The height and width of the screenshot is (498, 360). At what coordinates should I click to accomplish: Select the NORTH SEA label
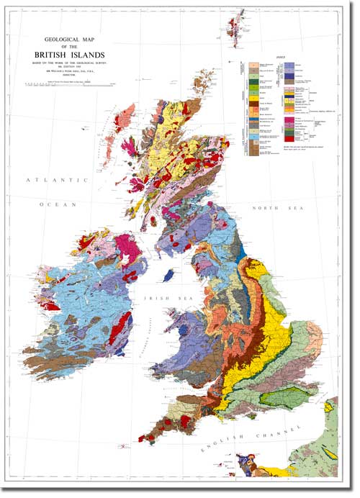(x=269, y=208)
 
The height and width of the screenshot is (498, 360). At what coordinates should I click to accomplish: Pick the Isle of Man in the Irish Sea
(x=168, y=276)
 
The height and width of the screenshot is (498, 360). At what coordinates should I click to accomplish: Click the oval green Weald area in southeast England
(x=288, y=395)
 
